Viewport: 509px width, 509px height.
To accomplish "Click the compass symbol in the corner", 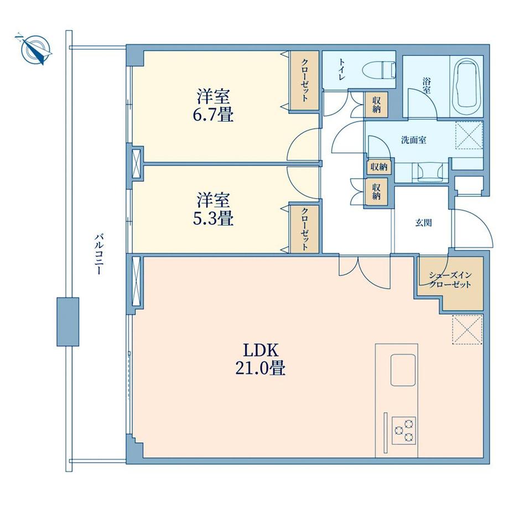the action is click(35, 50).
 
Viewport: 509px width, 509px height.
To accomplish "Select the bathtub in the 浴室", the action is click(466, 86).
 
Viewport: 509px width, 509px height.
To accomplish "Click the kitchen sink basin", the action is click(403, 370).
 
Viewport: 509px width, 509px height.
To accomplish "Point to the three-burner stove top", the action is click(404, 430).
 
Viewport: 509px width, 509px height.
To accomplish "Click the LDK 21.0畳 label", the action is click(261, 360).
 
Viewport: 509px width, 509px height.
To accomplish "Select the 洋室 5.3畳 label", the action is click(213, 209).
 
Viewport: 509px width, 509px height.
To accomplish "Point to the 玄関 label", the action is click(424, 223).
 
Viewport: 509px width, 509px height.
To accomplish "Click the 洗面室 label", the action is click(414, 140).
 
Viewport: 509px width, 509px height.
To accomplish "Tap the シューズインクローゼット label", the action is click(450, 280).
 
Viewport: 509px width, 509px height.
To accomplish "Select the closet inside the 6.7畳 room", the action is click(304, 81).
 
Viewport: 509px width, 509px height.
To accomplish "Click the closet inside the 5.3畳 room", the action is click(304, 228).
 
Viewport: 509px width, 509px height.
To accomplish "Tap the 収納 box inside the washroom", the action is click(379, 167).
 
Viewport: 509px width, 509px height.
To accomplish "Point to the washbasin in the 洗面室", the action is click(430, 172).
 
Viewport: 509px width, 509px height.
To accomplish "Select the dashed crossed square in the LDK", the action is click(468, 329).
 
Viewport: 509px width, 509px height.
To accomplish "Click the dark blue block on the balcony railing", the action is click(68, 321).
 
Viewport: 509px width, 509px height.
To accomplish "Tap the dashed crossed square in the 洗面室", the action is click(469, 135).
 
